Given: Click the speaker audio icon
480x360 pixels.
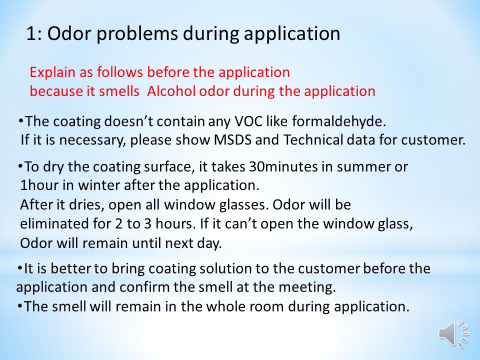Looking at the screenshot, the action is click(x=453, y=333).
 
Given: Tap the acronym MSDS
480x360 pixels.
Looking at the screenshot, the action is click(x=232, y=140).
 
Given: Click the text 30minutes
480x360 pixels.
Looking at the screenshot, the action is click(x=283, y=167).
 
